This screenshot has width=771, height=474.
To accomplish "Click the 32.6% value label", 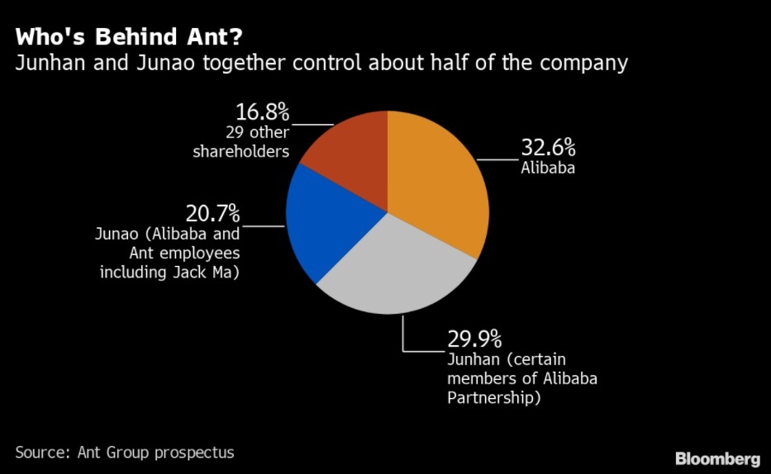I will [x=547, y=149].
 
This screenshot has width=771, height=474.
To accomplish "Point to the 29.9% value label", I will [x=474, y=339].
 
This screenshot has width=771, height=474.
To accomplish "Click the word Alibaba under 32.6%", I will [x=547, y=168].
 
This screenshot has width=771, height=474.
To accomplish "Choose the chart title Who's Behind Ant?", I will [x=130, y=36].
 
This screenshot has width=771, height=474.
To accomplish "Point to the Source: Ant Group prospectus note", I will [x=125, y=452].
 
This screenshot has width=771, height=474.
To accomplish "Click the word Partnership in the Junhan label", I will [x=493, y=398].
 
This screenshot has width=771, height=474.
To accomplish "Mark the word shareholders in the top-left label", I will [x=241, y=152].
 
